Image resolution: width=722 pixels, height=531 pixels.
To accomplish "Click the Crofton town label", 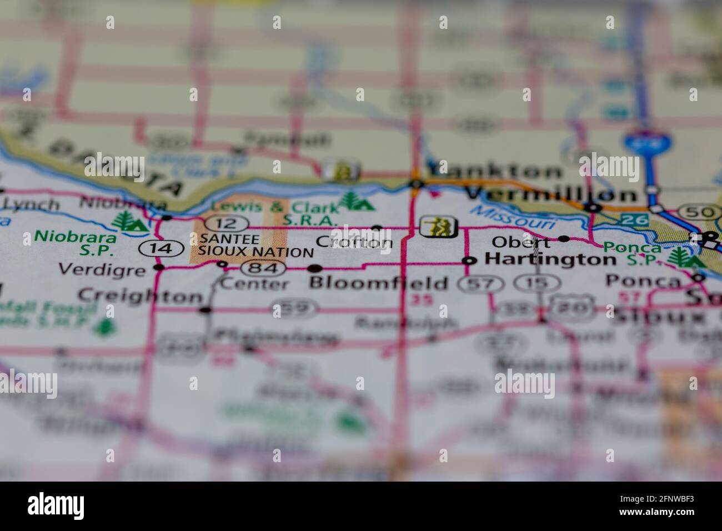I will click(x=354, y=242).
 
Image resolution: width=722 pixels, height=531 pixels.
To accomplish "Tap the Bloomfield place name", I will click(x=378, y=283).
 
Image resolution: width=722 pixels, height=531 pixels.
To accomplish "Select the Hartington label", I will click(x=550, y=259).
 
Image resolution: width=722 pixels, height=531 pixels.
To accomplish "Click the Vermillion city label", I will click(x=550, y=194).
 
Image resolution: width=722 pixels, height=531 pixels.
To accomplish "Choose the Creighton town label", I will click(x=141, y=295).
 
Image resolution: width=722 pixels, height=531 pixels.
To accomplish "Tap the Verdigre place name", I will click(x=102, y=269).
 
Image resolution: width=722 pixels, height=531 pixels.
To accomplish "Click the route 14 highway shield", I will click(x=162, y=248).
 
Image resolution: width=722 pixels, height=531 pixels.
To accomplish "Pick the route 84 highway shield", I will click(x=263, y=269).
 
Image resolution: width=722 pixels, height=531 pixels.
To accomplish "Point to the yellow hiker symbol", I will click(x=438, y=227).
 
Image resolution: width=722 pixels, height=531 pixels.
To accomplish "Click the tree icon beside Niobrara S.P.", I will click(x=129, y=221).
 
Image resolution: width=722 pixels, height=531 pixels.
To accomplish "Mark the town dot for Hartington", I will click(x=470, y=261).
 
